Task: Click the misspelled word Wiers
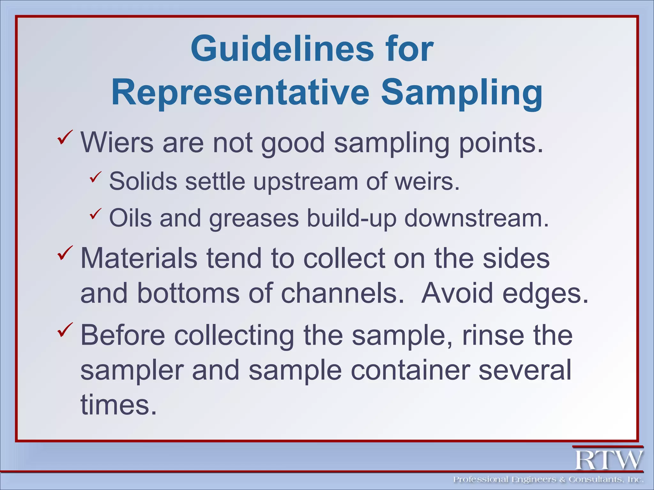tap(117, 143)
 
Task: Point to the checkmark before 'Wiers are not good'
tap(65, 137)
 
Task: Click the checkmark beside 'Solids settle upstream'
tap(95, 177)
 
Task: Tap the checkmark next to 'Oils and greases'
tap(95, 214)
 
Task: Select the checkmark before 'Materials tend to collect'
tap(65, 253)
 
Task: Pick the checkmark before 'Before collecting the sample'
tap(65, 330)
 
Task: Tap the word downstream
tap(476, 218)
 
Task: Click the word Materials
tap(139, 258)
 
